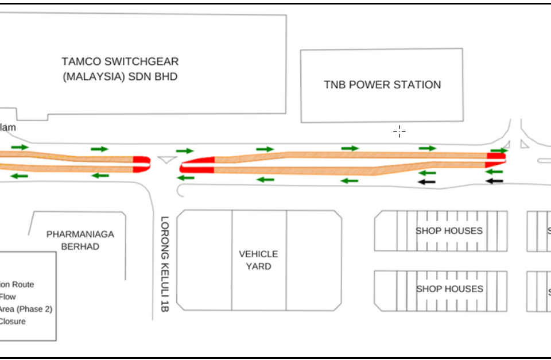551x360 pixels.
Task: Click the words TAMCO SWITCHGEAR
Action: coord(120,61)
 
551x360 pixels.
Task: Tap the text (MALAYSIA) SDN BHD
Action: coord(120,76)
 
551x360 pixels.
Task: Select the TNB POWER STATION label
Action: coord(382,85)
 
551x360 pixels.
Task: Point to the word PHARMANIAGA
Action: coord(80,234)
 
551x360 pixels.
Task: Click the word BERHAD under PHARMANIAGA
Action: coord(80,247)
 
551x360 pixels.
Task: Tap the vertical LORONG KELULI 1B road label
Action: coord(165,263)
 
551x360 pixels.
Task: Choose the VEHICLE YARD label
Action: coord(259,260)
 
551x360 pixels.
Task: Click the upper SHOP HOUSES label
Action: coord(449,231)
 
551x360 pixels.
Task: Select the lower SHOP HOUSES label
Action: coord(449,289)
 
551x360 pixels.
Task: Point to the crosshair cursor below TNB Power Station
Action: coord(399,131)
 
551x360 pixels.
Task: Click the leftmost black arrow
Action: coord(426,182)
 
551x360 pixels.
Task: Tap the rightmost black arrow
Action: coord(494,181)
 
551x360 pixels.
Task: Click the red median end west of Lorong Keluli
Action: coord(141,164)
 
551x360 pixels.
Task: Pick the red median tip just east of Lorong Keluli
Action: coord(197,165)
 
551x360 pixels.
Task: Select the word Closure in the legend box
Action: coord(13,322)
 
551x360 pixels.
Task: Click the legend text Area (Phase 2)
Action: coord(26,309)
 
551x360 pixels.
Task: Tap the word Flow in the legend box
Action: coord(8,297)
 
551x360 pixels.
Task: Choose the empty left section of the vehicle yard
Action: coord(204,260)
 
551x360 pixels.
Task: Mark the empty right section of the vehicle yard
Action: coord(313,260)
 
